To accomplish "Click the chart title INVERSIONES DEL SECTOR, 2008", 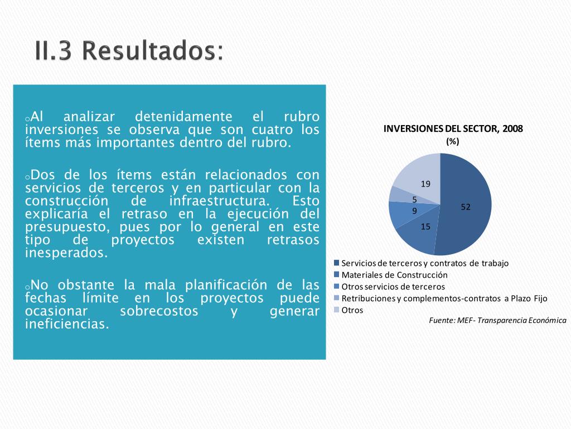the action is [x=453, y=129].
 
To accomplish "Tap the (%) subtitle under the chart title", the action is [x=453, y=141].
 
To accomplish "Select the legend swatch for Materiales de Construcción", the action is [x=336, y=274].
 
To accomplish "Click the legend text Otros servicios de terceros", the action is [x=393, y=287].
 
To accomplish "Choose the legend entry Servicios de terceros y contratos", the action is [x=422, y=263].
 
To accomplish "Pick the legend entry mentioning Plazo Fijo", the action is [x=441, y=298].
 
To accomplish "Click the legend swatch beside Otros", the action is [x=336, y=309].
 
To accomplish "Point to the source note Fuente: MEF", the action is [x=497, y=320].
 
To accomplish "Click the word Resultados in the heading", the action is [x=153, y=50].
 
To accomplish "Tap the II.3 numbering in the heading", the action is [x=53, y=50].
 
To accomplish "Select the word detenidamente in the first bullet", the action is [x=183, y=117].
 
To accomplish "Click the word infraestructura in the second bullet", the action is [x=220, y=201].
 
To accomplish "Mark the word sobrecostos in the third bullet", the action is [x=159, y=311].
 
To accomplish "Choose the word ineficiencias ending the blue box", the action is [x=67, y=323].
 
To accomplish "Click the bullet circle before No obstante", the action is [x=27, y=287].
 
